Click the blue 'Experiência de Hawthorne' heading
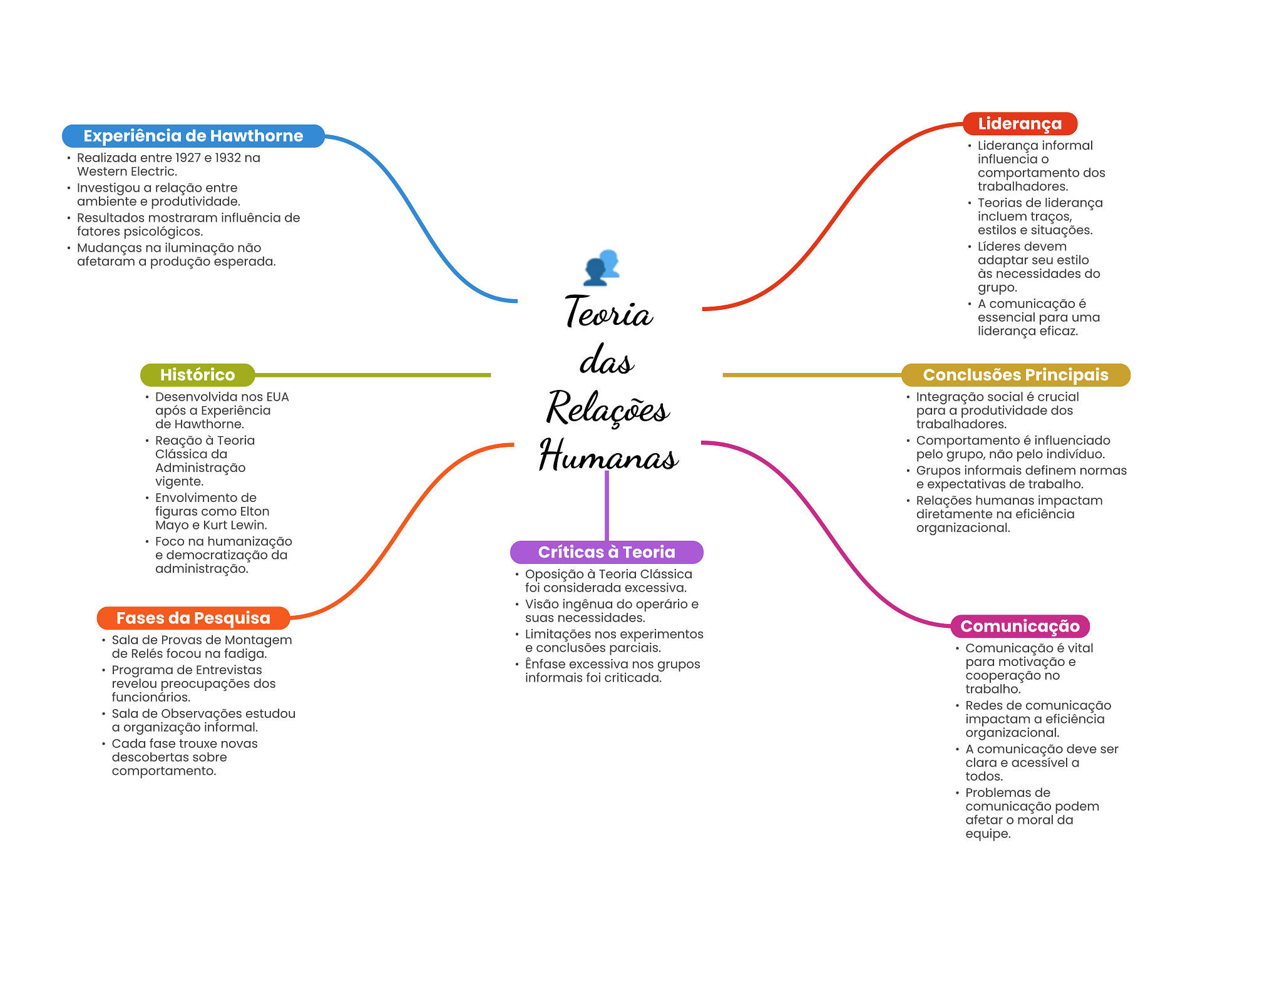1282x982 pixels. [x=193, y=136]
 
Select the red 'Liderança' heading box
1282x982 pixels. [x=1020, y=124]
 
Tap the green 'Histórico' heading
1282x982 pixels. [x=197, y=375]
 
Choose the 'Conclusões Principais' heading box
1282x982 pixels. [x=1015, y=375]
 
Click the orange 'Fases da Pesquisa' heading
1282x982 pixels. [x=193, y=618]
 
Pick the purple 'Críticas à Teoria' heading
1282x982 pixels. [x=607, y=552]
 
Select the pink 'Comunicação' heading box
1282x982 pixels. [x=1020, y=627]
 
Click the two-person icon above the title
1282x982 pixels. [x=602, y=267]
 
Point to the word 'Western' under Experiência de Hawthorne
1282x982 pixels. [x=100, y=171]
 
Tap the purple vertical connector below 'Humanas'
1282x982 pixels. [x=607, y=506]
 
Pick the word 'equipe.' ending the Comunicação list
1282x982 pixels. [x=988, y=834]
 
